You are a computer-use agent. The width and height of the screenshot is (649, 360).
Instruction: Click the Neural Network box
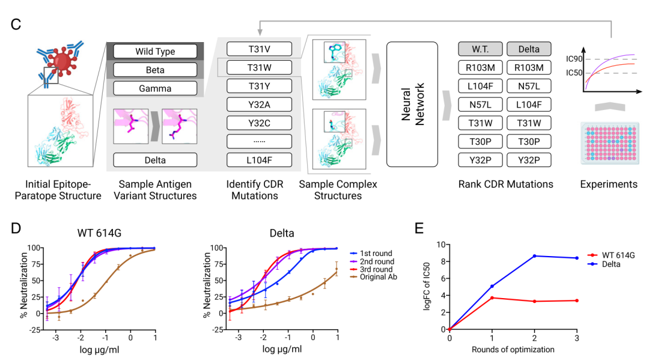pyautogui.click(x=412, y=104)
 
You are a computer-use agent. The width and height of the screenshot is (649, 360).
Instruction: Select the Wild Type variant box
pyautogui.click(x=154, y=51)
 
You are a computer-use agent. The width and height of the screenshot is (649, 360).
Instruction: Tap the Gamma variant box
pyautogui.click(x=154, y=88)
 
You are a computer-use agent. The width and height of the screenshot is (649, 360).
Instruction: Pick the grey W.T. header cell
pyautogui.click(x=479, y=49)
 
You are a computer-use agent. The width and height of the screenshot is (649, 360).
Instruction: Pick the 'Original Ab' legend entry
pyautogui.click(x=377, y=278)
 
